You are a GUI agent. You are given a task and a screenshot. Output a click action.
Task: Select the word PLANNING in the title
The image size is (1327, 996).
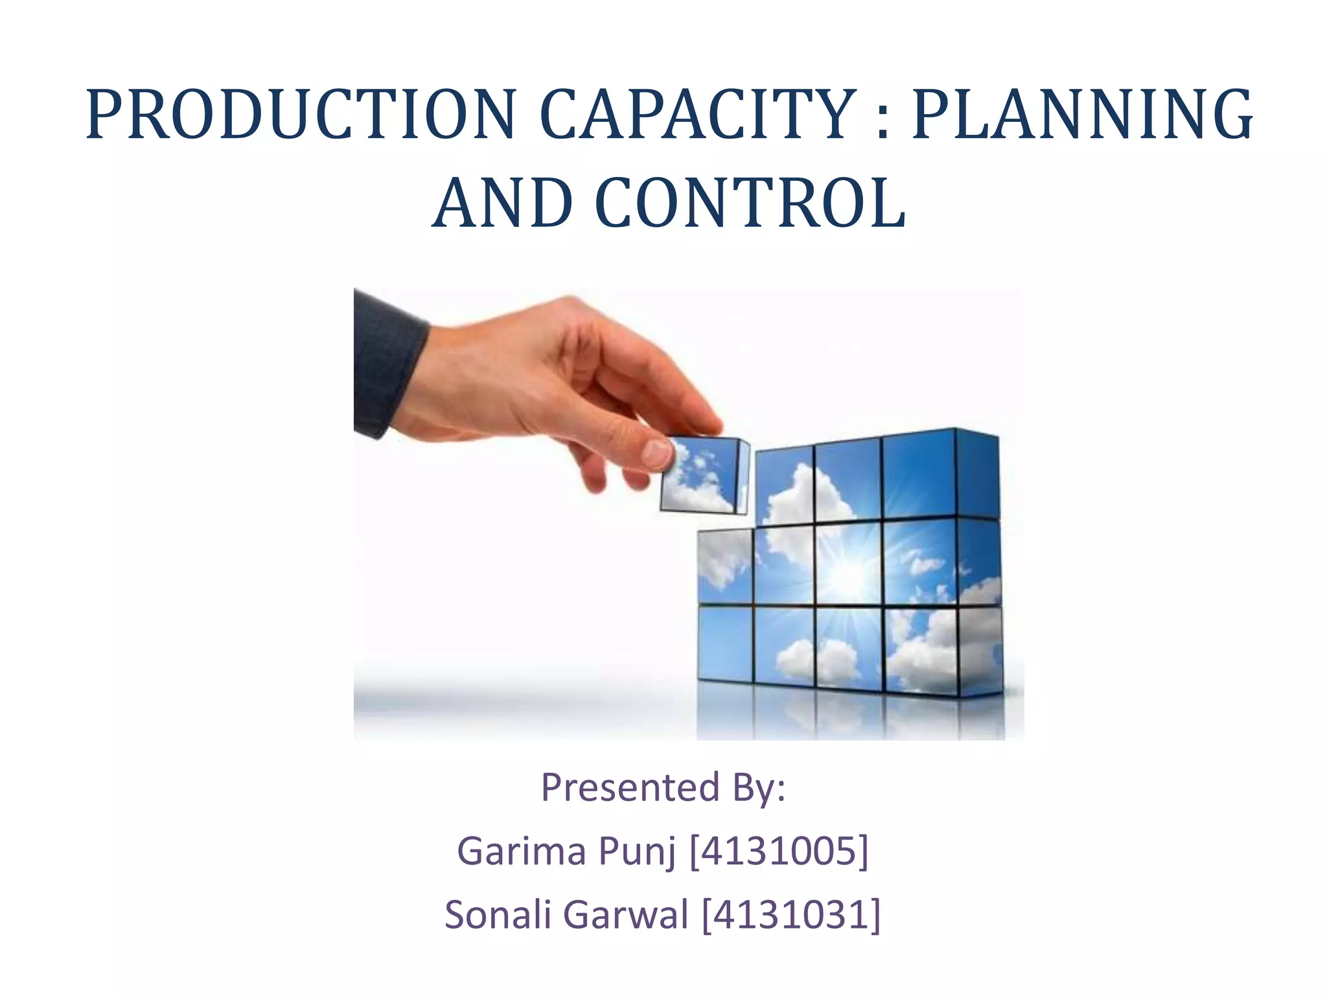click(x=1082, y=116)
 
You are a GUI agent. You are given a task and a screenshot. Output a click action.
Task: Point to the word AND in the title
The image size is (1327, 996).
click(x=502, y=204)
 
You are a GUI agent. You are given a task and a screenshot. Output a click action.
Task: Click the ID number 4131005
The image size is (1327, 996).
click(x=778, y=851)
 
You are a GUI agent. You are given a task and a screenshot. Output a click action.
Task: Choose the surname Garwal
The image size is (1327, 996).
click(x=625, y=914)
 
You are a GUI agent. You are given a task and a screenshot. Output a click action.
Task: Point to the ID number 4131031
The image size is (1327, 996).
click(x=791, y=914)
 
